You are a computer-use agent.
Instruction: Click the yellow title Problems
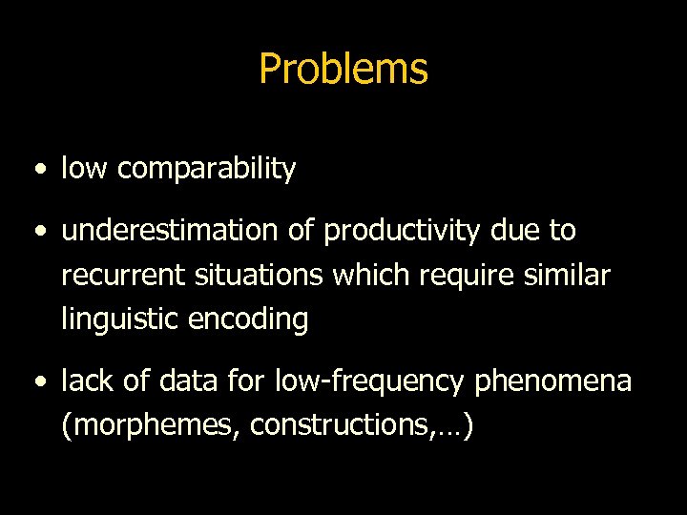coord(343,69)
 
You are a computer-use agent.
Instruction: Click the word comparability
coord(206,170)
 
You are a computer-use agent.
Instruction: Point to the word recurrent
coord(114,275)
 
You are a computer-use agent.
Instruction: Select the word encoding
coord(251,320)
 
